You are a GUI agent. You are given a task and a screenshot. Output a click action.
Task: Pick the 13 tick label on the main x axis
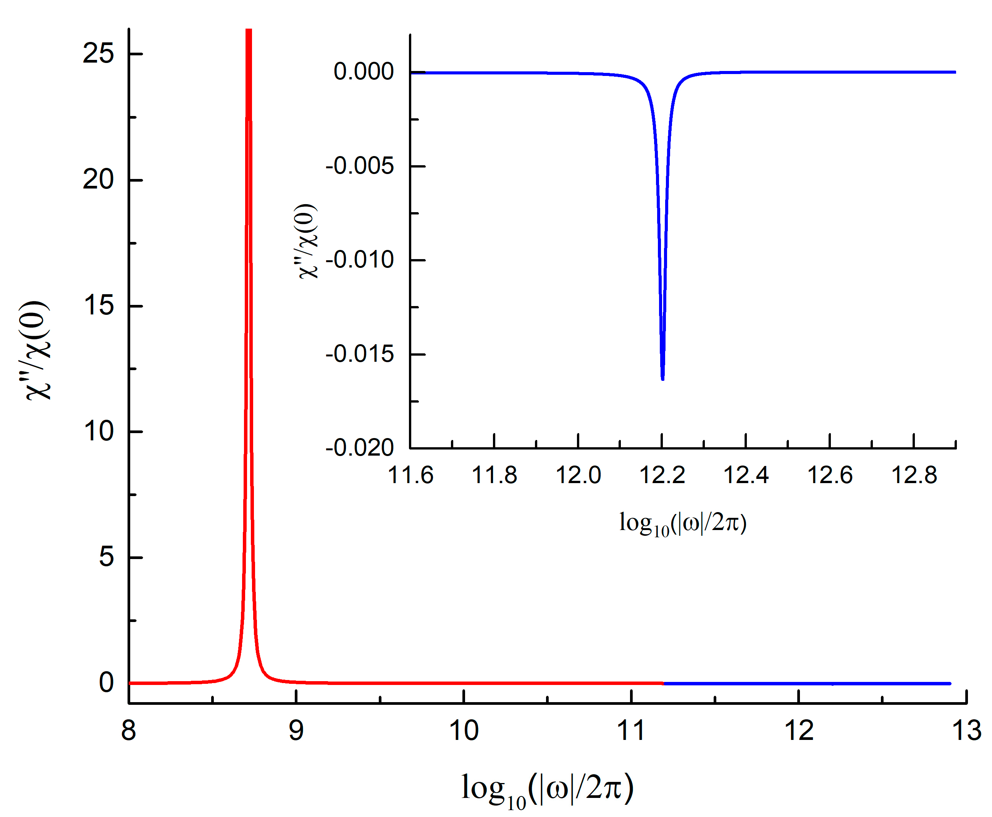966,731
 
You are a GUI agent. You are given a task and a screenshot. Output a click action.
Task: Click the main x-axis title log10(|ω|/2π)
547,789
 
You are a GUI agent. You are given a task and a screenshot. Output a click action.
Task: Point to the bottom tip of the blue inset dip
662,379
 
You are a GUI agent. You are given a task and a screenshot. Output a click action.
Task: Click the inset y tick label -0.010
360,260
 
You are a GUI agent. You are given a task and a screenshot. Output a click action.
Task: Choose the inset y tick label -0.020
360,448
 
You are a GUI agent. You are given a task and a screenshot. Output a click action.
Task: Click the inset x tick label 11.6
410,475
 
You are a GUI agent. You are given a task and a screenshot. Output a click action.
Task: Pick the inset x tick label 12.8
914,475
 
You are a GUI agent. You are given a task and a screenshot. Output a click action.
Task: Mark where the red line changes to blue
663,683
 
